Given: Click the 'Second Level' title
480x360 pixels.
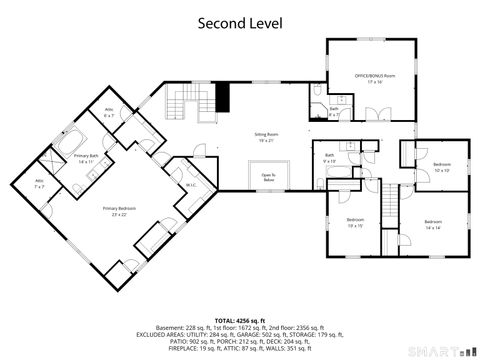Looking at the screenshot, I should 239,21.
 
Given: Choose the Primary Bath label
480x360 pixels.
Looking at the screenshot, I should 88,159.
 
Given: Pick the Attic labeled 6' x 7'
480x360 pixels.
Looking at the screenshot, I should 110,113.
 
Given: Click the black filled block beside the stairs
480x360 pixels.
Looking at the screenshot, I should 223,98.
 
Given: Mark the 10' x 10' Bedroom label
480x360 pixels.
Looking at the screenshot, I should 442,167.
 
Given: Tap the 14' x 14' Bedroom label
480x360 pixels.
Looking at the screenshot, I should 432,224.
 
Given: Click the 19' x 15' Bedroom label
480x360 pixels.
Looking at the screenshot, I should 355,222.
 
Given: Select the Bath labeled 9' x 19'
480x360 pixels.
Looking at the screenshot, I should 329,158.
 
